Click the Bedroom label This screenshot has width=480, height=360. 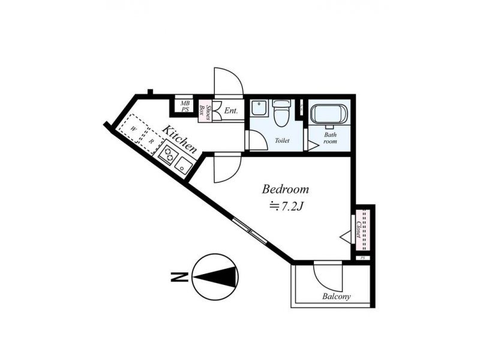tap(286, 190)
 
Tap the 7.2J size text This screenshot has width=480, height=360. tap(286, 207)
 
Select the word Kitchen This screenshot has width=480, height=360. tap(179, 139)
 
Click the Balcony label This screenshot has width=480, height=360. tap(336, 296)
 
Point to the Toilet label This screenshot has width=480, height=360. tap(282, 141)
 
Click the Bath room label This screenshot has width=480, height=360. tap(330, 138)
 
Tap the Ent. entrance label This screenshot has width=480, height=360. tap(231, 110)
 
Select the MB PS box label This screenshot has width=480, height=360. tap(185, 107)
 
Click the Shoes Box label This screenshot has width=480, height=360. tap(205, 112)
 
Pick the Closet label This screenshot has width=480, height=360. tap(359, 230)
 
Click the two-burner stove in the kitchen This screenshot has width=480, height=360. tap(167, 154)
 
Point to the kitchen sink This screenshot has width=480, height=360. tap(183, 166)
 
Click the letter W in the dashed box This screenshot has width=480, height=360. tap(133, 129)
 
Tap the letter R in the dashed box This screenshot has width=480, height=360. tap(151, 142)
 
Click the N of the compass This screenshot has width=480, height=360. tap(179, 277)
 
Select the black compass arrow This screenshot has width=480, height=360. tap(215, 277)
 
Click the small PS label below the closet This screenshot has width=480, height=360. tap(363, 258)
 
